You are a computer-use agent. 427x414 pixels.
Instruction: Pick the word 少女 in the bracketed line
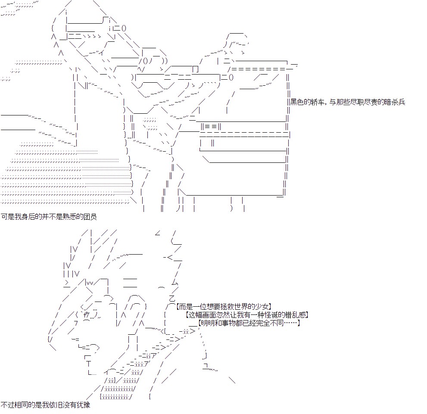click(x=262, y=307)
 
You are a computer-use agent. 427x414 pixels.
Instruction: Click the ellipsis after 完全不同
click(x=290, y=323)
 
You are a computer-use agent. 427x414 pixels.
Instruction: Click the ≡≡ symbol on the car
click(x=211, y=126)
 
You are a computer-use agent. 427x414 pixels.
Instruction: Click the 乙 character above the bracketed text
click(x=172, y=298)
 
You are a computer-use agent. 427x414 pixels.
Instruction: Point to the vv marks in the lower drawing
click(x=90, y=283)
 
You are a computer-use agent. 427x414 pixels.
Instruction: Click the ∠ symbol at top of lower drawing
click(x=158, y=233)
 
